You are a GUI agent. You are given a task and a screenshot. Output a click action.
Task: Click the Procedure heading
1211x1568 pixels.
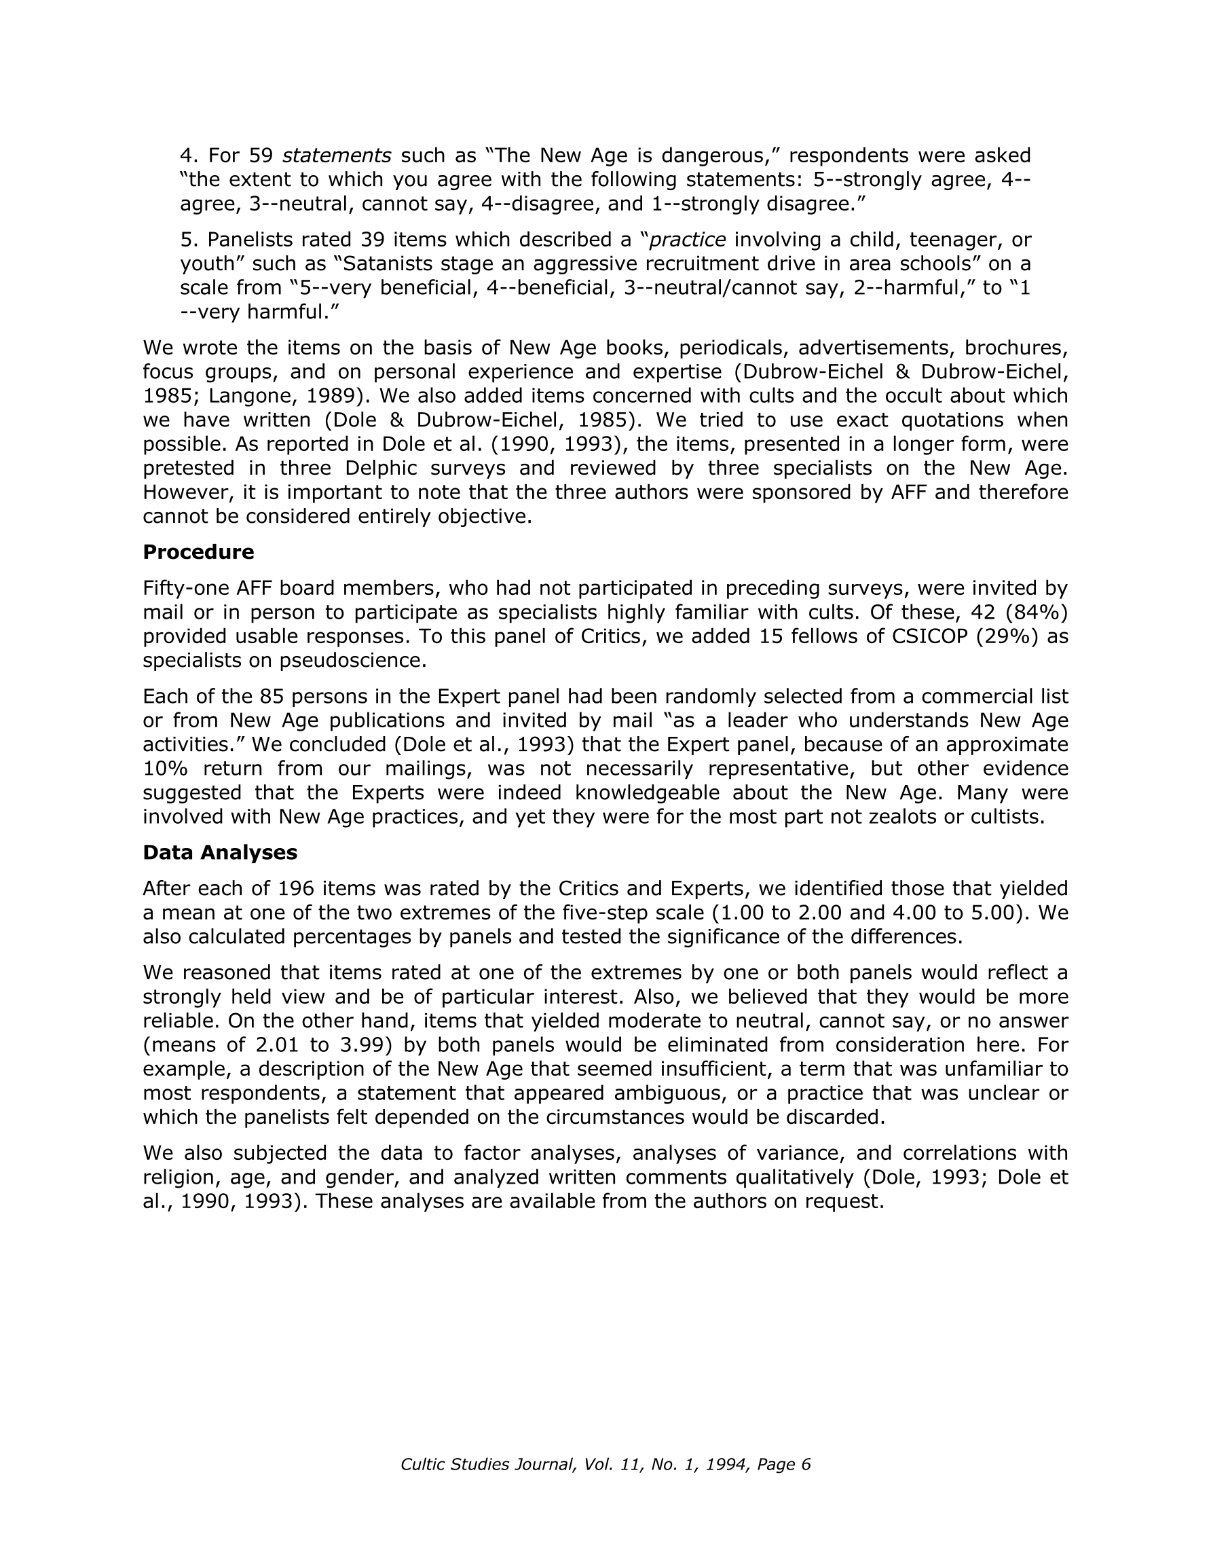[198, 552]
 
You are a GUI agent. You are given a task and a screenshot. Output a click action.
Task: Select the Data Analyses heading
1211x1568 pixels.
[220, 852]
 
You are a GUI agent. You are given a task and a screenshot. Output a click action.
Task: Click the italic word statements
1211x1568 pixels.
[337, 155]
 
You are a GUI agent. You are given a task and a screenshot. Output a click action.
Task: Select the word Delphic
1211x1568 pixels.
[384, 468]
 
